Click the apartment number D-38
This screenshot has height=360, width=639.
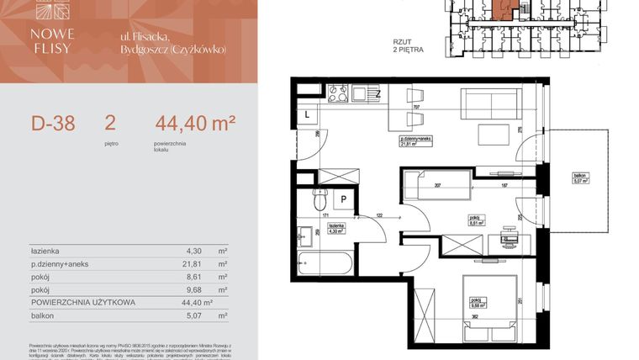tap(53, 124)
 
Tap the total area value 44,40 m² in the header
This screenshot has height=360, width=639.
tap(194, 124)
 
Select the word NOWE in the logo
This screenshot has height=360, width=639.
tap(53, 34)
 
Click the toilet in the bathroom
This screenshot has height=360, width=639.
tap(319, 201)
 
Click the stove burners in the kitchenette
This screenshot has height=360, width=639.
tap(338, 93)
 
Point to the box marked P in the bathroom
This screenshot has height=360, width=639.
tap(344, 199)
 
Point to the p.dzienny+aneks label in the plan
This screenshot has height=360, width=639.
tap(415, 138)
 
